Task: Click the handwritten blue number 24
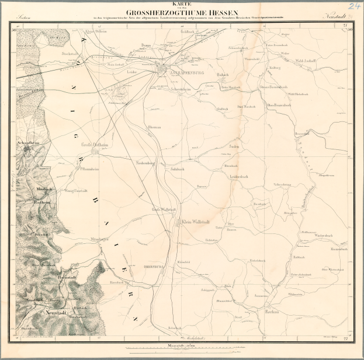[x=353, y=6]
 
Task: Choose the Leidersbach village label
[x=240, y=176]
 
